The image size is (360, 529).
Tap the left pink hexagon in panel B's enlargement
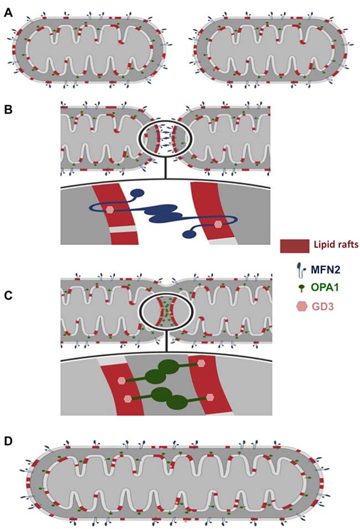click(x=110, y=210)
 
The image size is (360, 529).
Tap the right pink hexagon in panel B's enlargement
click(x=218, y=224)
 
